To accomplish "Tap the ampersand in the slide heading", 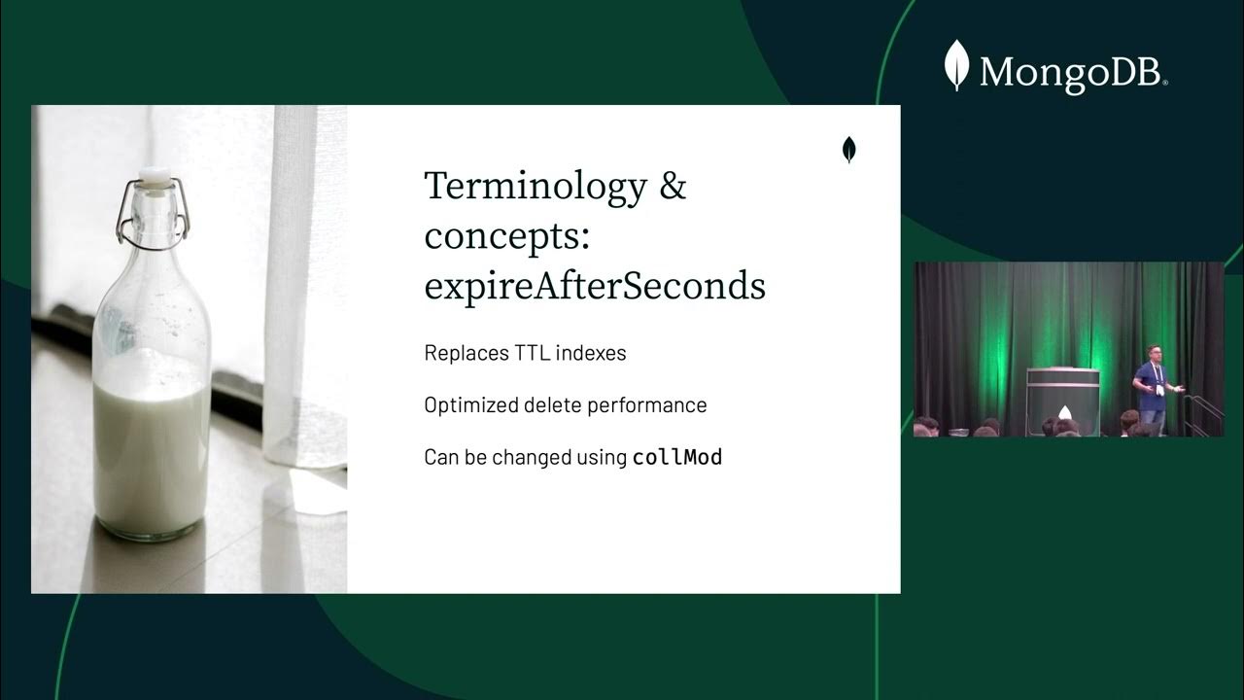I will click(673, 186).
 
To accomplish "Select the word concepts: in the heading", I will click(506, 236).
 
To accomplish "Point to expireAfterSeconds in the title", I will click(595, 286).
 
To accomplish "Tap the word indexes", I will click(593, 353).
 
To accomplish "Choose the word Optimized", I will click(470, 405).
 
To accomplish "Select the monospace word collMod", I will click(677, 457).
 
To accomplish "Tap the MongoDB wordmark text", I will click(1072, 73).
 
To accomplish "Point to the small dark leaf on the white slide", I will click(848, 150).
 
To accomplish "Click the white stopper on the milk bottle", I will click(154, 177).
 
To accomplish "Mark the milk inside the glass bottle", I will click(151, 447).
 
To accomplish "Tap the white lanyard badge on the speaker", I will click(1159, 389).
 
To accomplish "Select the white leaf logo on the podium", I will click(1064, 412).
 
